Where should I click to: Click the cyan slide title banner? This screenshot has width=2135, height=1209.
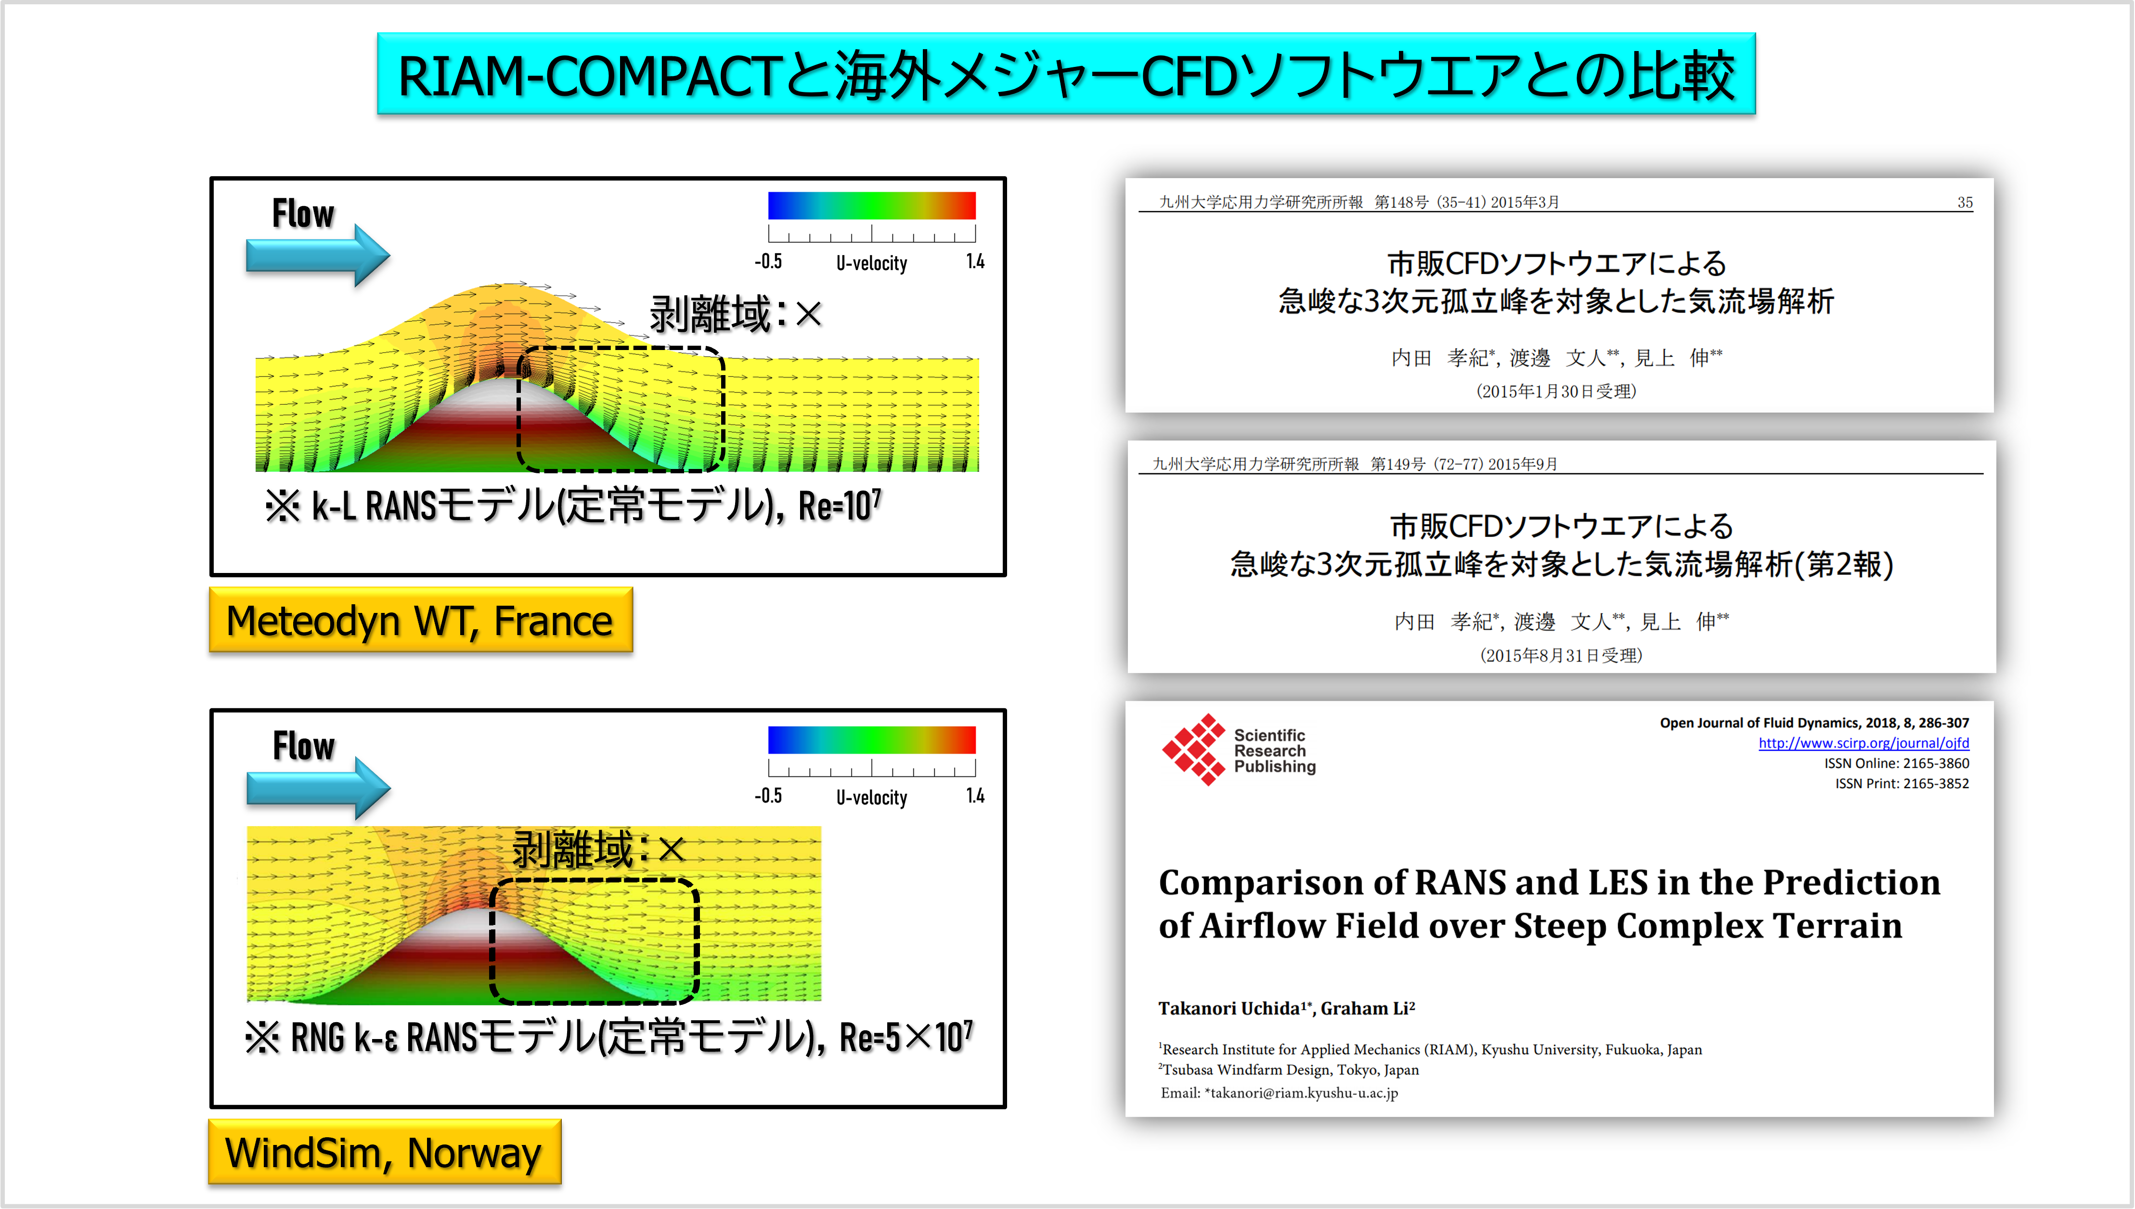(1066, 74)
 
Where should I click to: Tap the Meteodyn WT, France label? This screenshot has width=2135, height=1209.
(420, 620)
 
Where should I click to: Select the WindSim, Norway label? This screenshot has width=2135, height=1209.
(384, 1152)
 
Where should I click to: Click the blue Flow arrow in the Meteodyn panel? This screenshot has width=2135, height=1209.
(318, 255)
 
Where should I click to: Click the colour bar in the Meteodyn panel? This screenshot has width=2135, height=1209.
(872, 205)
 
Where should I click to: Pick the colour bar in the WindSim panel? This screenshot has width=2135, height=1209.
(872, 739)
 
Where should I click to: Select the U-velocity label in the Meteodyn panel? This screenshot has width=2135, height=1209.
(872, 263)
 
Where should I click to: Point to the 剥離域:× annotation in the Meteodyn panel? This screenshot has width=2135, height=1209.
(736, 314)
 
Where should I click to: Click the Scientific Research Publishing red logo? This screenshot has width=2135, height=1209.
(1194, 750)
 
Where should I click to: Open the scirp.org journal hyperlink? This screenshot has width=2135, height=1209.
(1863, 743)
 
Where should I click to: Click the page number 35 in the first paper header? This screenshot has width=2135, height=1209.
(1965, 203)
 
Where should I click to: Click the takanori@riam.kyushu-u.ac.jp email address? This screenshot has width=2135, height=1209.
(1304, 1093)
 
